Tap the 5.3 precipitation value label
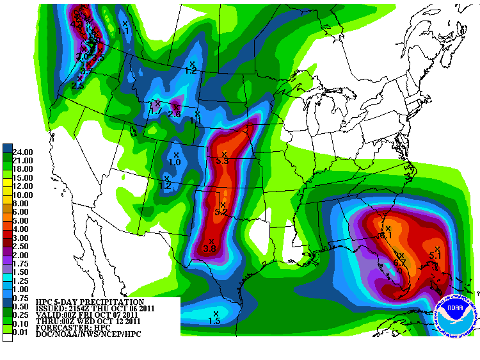click(223, 161)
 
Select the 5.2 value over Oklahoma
click(221, 211)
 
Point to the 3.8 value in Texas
click(209, 249)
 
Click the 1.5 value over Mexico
click(214, 320)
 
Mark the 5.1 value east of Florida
click(436, 256)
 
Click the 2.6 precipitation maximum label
click(174, 114)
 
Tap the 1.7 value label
click(156, 111)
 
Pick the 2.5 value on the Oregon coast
click(78, 85)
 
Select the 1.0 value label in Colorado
click(175, 163)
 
